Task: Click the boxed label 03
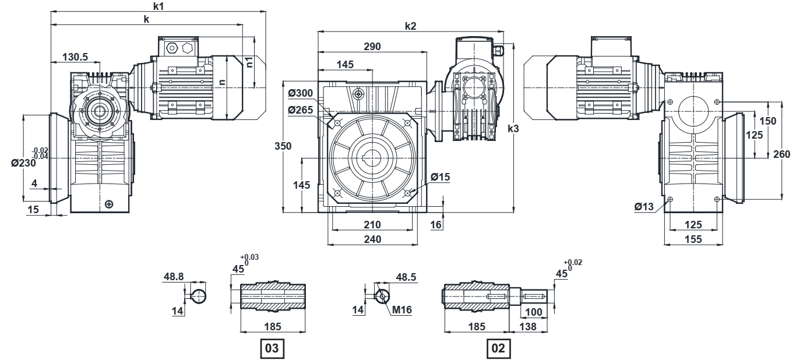coord(272,348)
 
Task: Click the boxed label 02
coord(498,348)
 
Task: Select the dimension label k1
coord(159,6)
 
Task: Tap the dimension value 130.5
coord(75,57)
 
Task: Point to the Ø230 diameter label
coord(23,163)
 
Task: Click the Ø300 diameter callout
coord(301,93)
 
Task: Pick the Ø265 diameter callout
coord(301,110)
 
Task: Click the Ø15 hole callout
coord(441,177)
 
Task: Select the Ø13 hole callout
coord(644,206)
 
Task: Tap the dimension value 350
coord(283,146)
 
